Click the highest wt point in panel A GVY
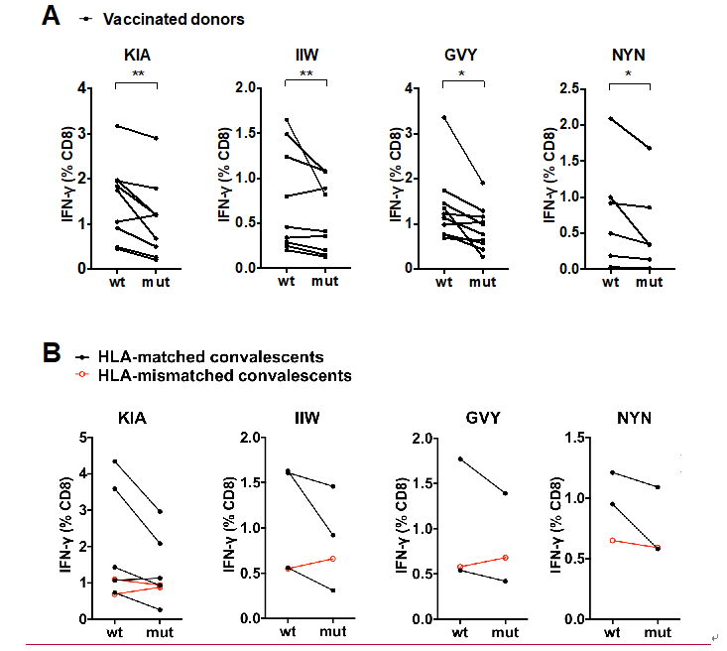(x=443, y=117)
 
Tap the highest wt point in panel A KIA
(x=116, y=126)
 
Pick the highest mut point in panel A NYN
(x=650, y=148)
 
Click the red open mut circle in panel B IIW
(x=332, y=559)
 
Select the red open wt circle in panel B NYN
(x=612, y=540)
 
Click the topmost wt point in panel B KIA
(x=116, y=461)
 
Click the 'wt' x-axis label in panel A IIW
(x=286, y=281)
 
